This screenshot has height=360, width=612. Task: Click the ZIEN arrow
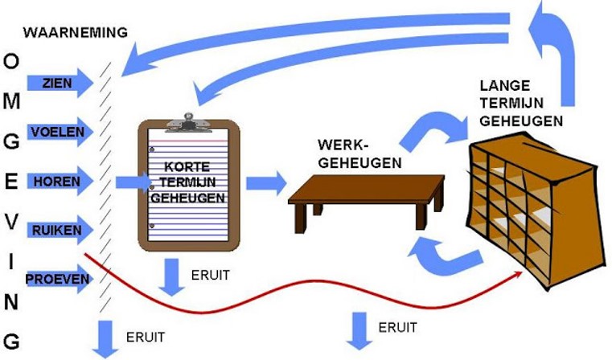point(60,83)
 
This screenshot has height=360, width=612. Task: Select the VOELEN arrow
point(60,132)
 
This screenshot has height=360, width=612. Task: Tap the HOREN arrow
point(60,181)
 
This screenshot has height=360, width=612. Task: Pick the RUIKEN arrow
point(60,230)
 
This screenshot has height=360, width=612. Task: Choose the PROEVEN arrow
point(59,279)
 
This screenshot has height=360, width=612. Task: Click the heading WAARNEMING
point(76,32)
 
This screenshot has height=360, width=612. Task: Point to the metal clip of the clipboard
point(188,122)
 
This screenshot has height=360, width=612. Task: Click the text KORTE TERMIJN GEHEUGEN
point(188,182)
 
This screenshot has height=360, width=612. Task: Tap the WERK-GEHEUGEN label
point(359,153)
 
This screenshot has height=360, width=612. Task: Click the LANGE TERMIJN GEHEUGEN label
point(520,104)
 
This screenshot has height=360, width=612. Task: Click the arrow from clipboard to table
point(266,183)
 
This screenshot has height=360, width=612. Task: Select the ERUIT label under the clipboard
point(211,276)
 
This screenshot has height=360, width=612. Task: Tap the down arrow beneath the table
point(359,331)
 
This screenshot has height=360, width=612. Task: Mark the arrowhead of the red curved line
point(519,274)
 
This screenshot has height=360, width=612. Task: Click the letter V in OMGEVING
point(11,222)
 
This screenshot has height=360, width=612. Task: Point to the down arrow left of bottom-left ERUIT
point(105,338)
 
